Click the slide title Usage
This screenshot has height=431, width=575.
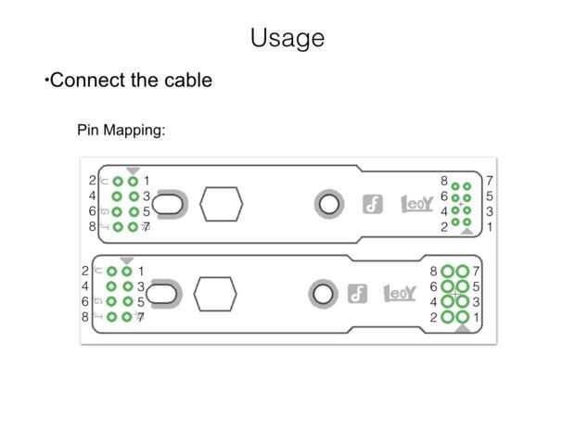287,38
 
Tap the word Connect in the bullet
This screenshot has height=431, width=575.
87,80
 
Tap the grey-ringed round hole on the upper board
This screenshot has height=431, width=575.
327,204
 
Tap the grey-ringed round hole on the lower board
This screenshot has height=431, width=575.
323,294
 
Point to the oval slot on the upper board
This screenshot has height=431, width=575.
167,205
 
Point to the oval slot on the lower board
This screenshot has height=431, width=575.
160,295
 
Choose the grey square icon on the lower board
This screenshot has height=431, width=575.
354,294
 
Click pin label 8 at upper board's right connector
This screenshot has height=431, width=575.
444,181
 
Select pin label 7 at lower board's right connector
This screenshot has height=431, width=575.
476,271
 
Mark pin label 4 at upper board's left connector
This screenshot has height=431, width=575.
93,196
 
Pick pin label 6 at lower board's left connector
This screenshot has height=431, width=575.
84,301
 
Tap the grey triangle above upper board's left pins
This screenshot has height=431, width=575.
134,171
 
